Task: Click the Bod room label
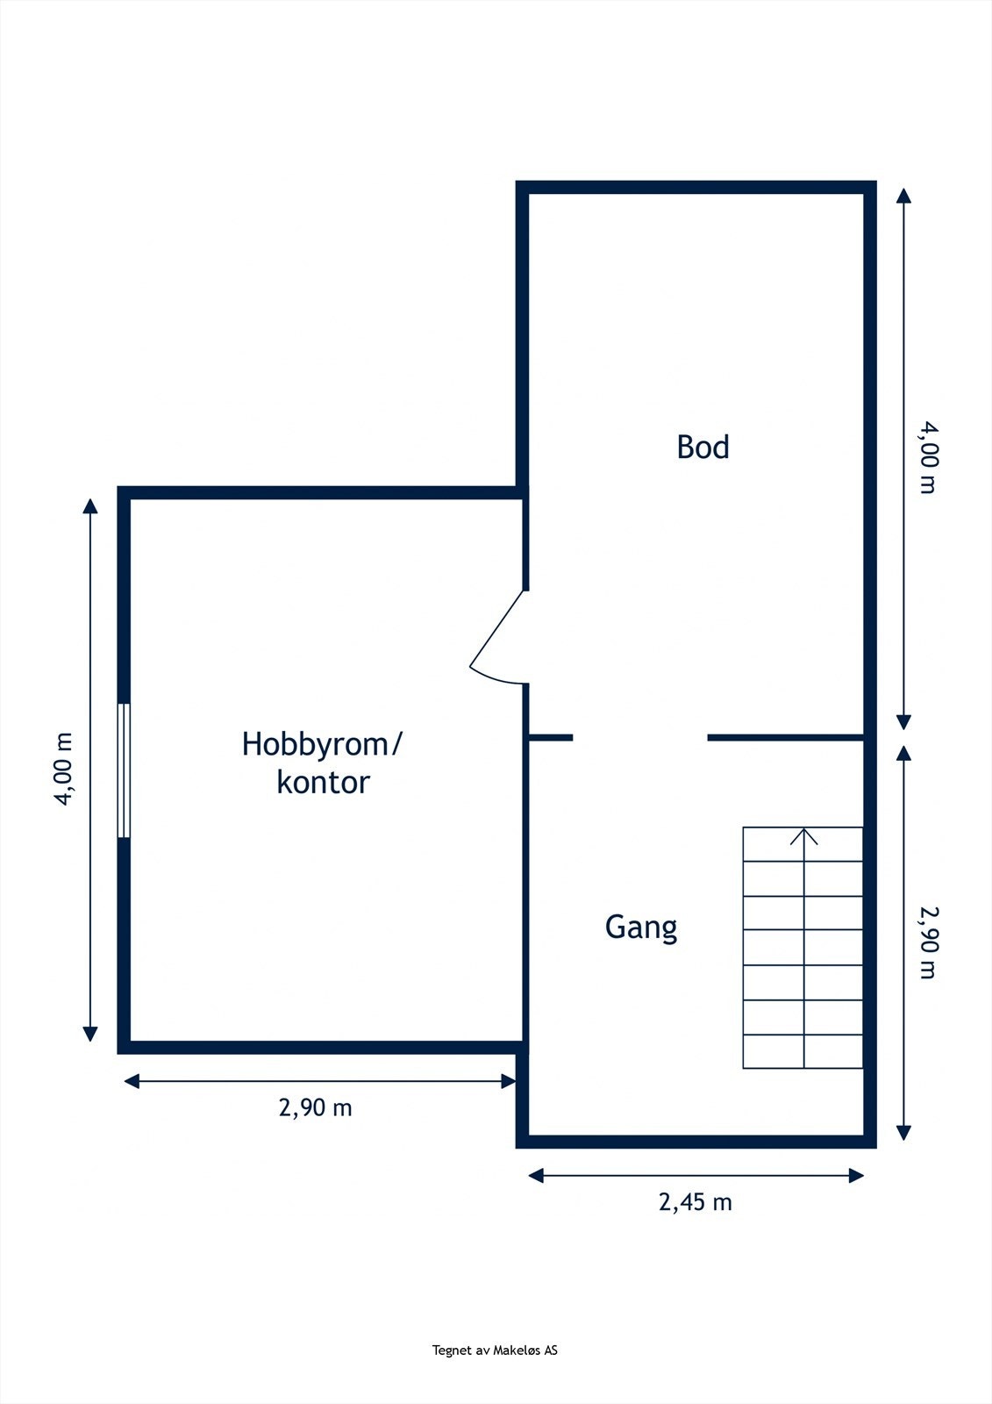pos(703,448)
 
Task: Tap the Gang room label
pos(641,928)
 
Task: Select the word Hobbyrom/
pos(322,744)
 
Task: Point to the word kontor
pos(323,782)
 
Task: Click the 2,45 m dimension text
pos(695,1202)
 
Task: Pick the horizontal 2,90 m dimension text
pos(315,1108)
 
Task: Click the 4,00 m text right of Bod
pos(928,458)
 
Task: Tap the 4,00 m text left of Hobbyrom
pos(65,769)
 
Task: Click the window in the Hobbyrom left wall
pos(124,770)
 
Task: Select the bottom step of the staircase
pos(803,1052)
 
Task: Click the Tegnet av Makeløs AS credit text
pos(495,1350)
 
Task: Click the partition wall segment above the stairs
pos(785,737)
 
